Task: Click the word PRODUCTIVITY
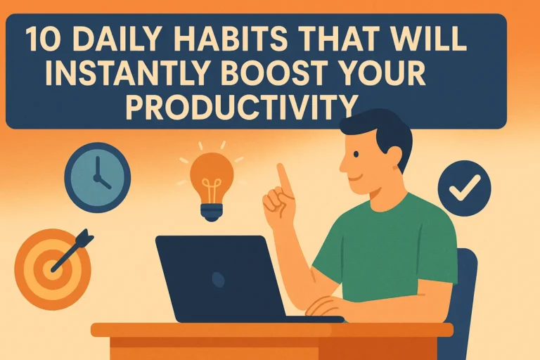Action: [x=240, y=105]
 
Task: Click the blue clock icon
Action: [x=98, y=178]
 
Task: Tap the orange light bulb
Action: [x=212, y=186]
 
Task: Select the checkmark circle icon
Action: [x=465, y=188]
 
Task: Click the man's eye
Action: [x=356, y=154]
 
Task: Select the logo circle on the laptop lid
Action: [x=218, y=278]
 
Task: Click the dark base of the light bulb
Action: [x=212, y=212]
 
